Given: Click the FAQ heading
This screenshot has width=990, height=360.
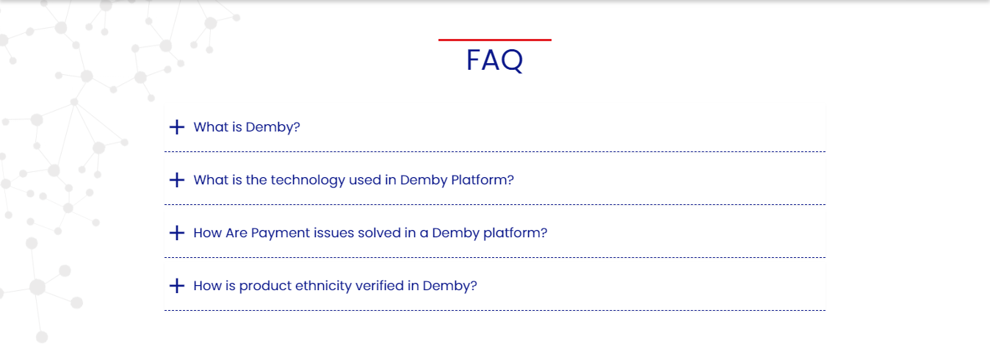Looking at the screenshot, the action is click(494, 60).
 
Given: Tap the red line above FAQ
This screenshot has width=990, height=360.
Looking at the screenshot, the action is click(495, 40).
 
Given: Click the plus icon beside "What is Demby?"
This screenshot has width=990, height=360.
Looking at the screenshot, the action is click(177, 127).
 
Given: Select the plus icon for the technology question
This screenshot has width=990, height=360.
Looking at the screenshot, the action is click(177, 180).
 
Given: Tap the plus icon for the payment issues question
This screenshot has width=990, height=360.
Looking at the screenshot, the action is click(177, 233).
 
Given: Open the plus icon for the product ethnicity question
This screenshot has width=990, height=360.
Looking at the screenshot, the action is click(177, 286).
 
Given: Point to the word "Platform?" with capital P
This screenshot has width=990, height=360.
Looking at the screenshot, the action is click(483, 180).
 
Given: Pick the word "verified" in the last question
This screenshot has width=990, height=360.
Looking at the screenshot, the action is click(380, 286).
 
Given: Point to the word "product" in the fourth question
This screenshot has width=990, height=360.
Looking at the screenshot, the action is click(265, 286).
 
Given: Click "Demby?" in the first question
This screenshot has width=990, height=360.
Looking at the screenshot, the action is click(272, 127).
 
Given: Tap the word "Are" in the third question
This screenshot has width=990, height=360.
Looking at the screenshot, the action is click(236, 233).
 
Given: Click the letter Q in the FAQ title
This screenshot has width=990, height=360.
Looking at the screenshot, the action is click(512, 60).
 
